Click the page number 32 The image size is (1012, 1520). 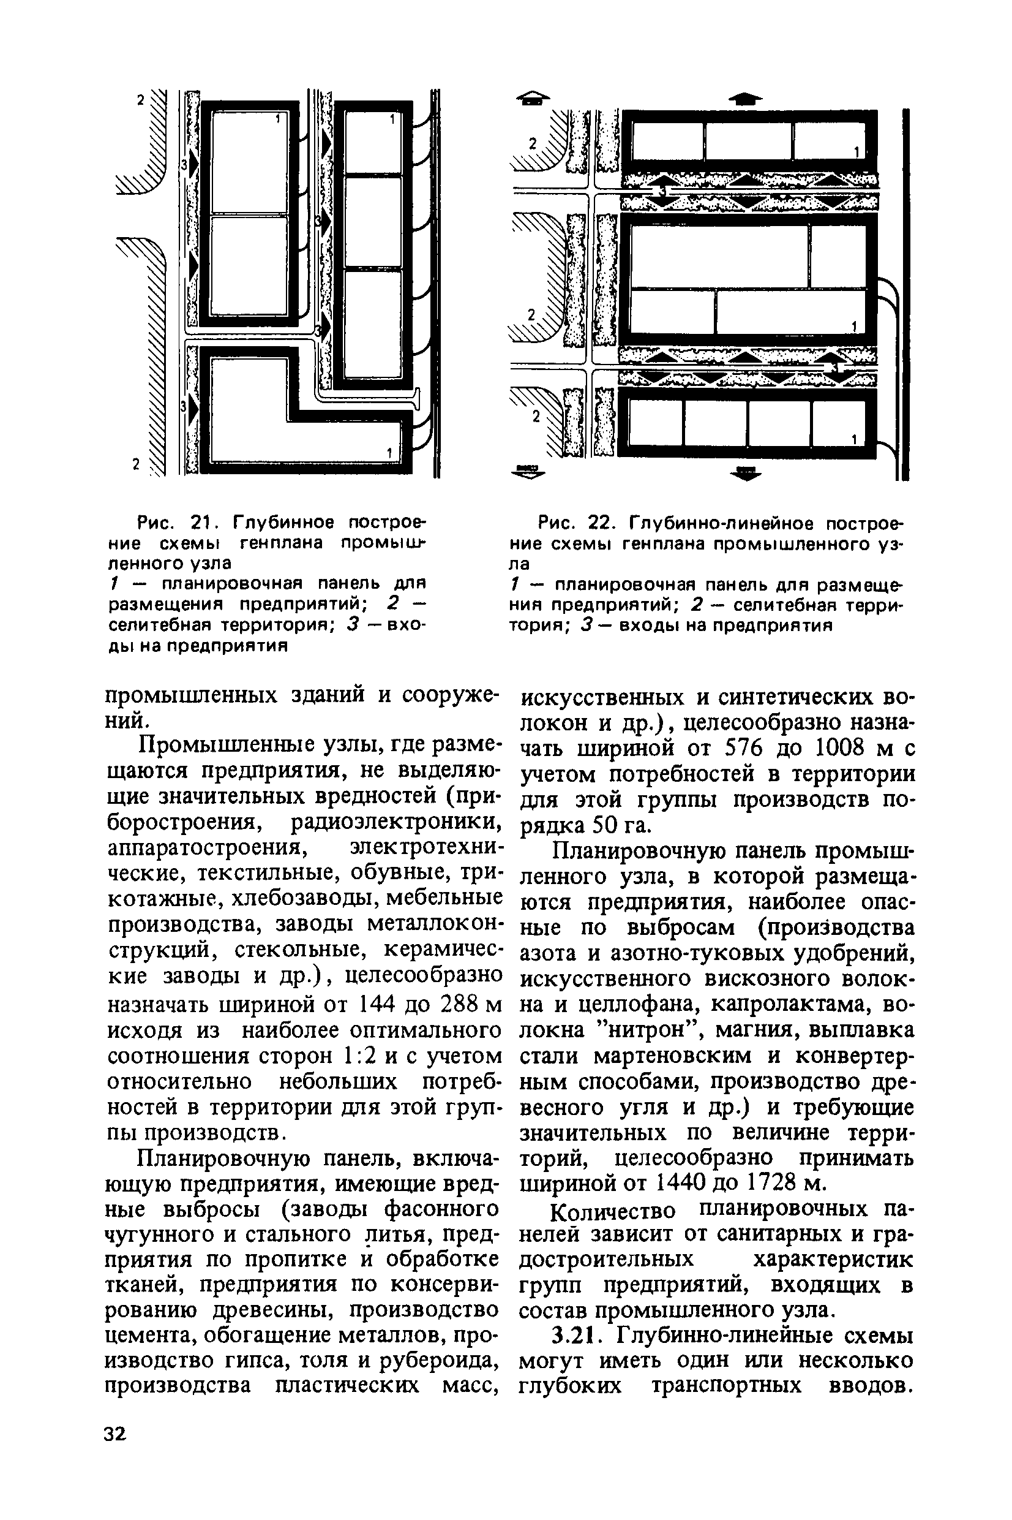116,1434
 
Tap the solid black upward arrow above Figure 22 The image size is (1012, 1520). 745,98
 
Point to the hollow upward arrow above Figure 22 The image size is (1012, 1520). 534,98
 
